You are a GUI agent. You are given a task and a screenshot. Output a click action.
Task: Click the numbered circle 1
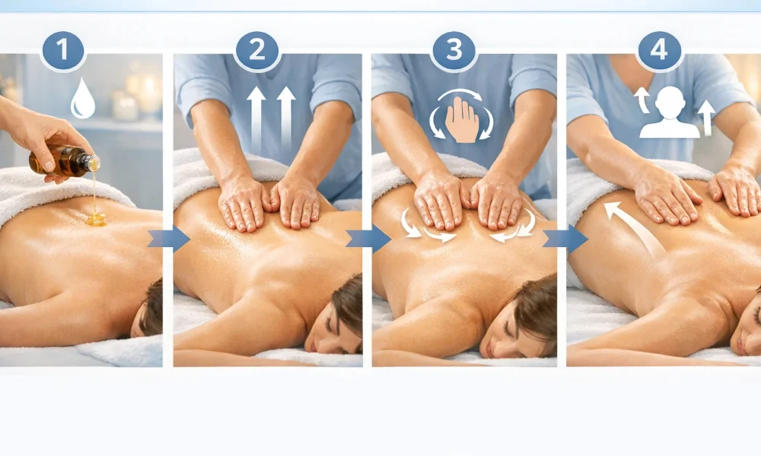coord(62,50)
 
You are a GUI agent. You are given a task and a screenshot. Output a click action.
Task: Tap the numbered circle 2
coord(257,50)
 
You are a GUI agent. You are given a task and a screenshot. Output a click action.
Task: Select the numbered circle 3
coord(454,50)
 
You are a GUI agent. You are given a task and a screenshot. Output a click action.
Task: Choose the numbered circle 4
coord(659,50)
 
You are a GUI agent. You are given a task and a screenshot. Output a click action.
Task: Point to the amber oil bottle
coord(64,160)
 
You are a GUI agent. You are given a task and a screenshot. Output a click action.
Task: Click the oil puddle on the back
coord(96,220)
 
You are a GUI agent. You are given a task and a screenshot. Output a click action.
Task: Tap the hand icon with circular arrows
coord(461,116)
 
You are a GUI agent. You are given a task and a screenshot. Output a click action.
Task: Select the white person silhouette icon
coord(670,113)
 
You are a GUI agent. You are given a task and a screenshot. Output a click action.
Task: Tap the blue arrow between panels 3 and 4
coord(565,239)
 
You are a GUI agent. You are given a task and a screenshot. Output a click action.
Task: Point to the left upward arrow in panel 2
coord(256,119)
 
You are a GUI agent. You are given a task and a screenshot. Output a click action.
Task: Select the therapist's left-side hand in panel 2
coord(244,204)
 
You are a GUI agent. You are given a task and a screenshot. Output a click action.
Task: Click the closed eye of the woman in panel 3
coord(507,331)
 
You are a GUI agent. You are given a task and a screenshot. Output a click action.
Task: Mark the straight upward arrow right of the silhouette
coord(706,118)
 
